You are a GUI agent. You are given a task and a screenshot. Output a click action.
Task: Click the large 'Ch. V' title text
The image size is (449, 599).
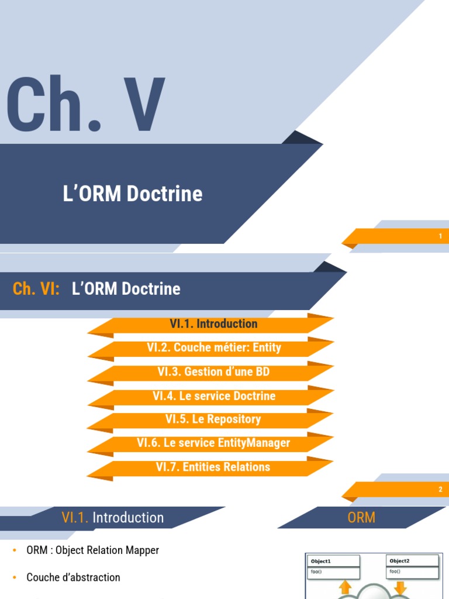pos(86,104)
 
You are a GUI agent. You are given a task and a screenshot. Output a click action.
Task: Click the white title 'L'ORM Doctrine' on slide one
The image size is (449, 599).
pos(133,193)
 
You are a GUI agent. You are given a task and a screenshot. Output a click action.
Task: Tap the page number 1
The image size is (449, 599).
pos(440,236)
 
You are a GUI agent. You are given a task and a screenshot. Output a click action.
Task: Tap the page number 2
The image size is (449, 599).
pos(440,490)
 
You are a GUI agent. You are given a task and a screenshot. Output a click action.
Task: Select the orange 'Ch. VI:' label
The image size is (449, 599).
pos(36,288)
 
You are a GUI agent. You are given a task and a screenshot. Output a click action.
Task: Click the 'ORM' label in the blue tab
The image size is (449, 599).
pos(361,518)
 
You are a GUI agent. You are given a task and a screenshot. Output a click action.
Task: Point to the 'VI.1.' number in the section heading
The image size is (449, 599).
pos(75,518)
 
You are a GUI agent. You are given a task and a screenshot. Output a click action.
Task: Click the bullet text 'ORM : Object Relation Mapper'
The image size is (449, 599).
pos(93,550)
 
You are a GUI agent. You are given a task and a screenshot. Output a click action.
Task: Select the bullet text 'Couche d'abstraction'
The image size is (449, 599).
pos(73,577)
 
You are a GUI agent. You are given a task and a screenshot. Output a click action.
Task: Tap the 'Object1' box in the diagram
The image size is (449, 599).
pos(333,566)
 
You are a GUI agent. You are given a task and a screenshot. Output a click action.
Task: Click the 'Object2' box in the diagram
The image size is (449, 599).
pos(412,566)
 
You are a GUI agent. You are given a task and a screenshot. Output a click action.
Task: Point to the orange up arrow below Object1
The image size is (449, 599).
pos(345,587)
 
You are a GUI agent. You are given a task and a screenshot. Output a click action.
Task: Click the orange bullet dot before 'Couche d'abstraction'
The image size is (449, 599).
pos(15,577)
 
